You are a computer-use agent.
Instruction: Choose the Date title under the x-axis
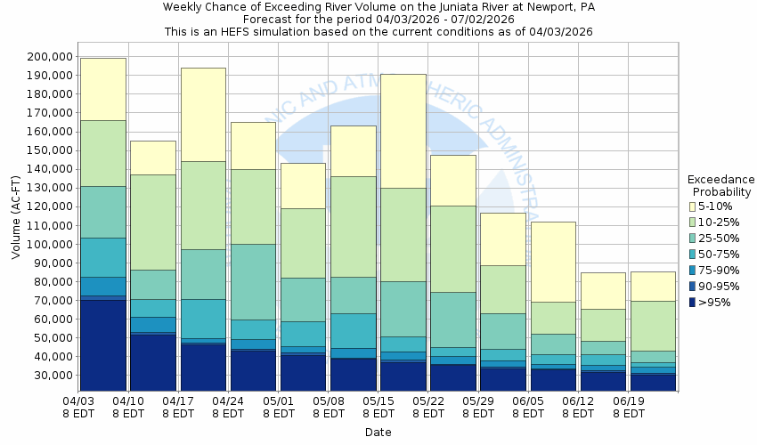pos(378,433)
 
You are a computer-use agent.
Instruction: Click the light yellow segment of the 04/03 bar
pos(102,89)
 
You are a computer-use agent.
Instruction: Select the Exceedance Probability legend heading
pos(721,185)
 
